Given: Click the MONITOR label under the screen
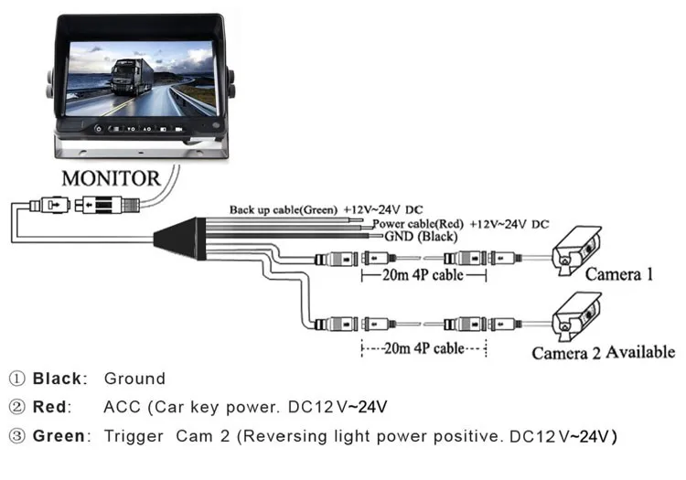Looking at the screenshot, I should pyautogui.click(x=111, y=177).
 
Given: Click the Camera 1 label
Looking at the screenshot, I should pyautogui.click(x=619, y=273).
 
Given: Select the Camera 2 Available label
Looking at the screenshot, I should pyautogui.click(x=603, y=352).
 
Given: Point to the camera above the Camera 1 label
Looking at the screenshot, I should pyautogui.click(x=578, y=248).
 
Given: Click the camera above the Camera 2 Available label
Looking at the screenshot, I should pyautogui.click(x=577, y=315).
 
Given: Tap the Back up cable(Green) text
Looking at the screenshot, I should pyautogui.click(x=284, y=209).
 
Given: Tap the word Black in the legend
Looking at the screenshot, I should pyautogui.click(x=59, y=378).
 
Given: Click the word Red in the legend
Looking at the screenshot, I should pyautogui.click(x=53, y=406).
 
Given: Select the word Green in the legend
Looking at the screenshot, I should pyautogui.click(x=60, y=435).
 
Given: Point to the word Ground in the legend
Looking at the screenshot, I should pyautogui.click(x=134, y=378).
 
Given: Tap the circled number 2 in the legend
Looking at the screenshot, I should pyautogui.click(x=17, y=406).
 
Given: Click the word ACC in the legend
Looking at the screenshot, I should pyautogui.click(x=121, y=406).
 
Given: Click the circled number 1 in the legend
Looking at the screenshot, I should pyautogui.click(x=17, y=378).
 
